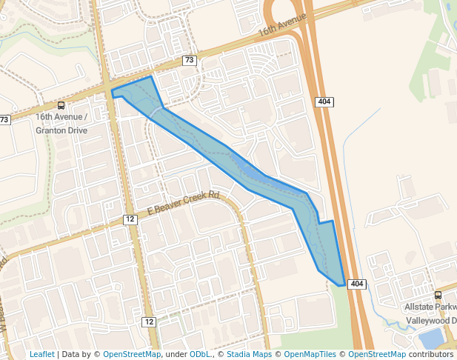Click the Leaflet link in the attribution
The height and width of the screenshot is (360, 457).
coord(41,354)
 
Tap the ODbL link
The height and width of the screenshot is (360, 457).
coord(200,354)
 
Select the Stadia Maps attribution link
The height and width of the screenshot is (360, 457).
coord(247,354)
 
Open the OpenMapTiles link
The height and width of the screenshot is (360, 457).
coord(310,354)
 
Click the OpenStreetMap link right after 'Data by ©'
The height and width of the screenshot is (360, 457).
coord(132,354)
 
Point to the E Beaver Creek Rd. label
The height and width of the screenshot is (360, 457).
coord(184,202)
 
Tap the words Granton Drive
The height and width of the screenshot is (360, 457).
coord(61,130)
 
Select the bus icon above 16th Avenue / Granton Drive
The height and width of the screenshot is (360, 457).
coord(61,105)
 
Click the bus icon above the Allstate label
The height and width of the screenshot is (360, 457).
coord(438,295)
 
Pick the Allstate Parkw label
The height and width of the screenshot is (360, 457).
coord(430,307)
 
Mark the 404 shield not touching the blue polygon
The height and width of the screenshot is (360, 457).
coord(323,101)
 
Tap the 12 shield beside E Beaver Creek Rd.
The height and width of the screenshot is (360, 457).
coord(130,219)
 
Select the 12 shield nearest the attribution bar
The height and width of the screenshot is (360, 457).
coord(149,321)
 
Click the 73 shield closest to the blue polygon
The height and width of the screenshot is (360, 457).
coord(190,61)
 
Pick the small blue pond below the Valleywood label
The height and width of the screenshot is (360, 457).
coord(431,339)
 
